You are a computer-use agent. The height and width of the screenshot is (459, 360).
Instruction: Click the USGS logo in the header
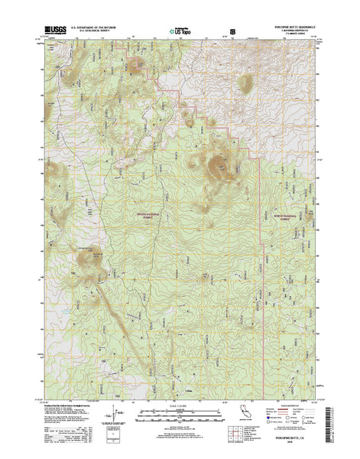pos(55,30)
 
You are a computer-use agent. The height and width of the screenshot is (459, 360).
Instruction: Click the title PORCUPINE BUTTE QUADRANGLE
pos(286,26)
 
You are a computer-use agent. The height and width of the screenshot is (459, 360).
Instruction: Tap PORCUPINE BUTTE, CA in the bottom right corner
pos(284,442)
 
